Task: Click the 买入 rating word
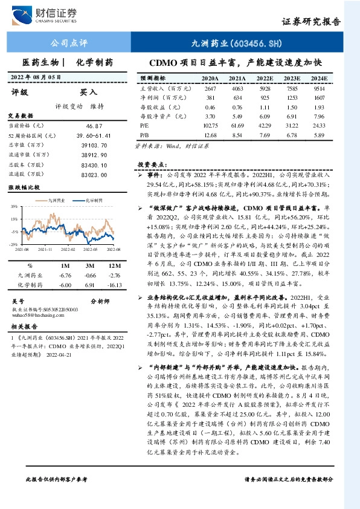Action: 88,92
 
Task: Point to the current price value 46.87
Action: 94,125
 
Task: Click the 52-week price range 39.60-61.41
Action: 97,135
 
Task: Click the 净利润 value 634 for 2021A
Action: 237,98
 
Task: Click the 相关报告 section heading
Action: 24,326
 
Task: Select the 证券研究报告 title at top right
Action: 311,21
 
